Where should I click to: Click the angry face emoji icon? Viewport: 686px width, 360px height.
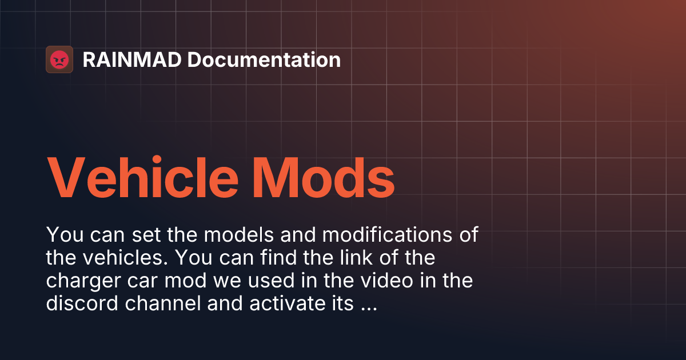[59, 59]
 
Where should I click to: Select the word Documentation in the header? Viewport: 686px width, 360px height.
[264, 59]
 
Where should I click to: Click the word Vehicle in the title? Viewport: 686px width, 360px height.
[142, 175]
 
